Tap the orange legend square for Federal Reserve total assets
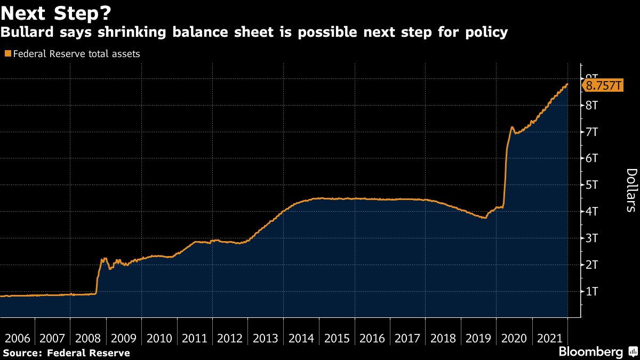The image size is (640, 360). pos(7,54)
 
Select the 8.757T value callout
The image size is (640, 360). pos(603,85)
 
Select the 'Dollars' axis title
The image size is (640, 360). pos(630,190)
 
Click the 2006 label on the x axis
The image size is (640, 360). pos(18,338)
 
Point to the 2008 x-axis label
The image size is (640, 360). pos(89,338)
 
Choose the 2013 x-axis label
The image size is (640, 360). pos(266,338)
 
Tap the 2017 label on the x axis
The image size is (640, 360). pos(407,338)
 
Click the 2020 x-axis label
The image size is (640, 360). pos(514,338)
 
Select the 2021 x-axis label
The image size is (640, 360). pos(549,338)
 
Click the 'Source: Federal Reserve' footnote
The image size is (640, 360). pos(66,353)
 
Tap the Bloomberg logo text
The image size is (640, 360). pos(590,352)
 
